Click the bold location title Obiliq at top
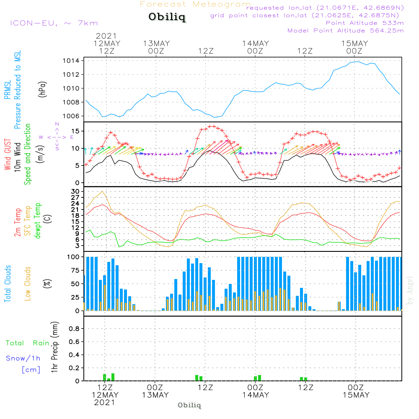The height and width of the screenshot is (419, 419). pyautogui.click(x=166, y=18)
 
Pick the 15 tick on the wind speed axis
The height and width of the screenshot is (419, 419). pyautogui.click(x=75, y=131)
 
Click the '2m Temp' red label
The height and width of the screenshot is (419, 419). pyautogui.click(x=18, y=222)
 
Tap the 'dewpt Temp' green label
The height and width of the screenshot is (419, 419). pyautogui.click(x=38, y=221)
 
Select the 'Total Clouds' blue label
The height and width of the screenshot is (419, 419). pyautogui.click(x=8, y=284)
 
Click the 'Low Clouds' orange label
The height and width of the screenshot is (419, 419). pyautogui.click(x=28, y=283)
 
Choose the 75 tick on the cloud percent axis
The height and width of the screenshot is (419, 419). pyautogui.click(x=75, y=270)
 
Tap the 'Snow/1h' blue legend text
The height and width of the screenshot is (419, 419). pyautogui.click(x=23, y=358)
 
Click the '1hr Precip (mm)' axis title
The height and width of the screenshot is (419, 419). pyautogui.click(x=54, y=347)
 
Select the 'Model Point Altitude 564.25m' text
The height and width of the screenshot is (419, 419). pyautogui.click(x=345, y=31)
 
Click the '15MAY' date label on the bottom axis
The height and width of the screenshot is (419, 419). pyautogui.click(x=356, y=395)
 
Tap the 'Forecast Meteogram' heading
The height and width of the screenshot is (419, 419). pyautogui.click(x=195, y=4)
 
